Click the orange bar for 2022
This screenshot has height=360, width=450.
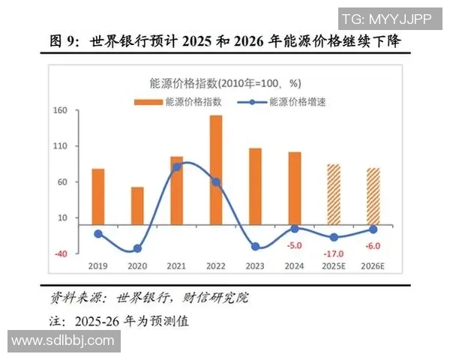tap(215, 169)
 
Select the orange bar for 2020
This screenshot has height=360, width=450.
tap(137, 205)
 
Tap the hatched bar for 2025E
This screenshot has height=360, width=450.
tap(333, 193)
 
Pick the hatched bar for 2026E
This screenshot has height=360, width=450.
tap(373, 195)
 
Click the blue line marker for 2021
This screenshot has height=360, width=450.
tap(176, 166)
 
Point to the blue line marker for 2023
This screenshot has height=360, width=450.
tap(255, 247)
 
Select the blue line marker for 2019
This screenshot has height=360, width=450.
tap(98, 233)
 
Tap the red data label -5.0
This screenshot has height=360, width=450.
tap(294, 245)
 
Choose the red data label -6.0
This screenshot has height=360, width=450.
tap(373, 246)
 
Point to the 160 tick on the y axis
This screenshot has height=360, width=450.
tap(60, 111)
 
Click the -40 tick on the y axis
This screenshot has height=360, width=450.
tap(60, 254)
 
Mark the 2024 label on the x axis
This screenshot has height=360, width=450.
tap(294, 265)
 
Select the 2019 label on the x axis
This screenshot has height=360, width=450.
tap(98, 265)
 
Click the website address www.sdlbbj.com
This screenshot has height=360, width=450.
tap(62, 340)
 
